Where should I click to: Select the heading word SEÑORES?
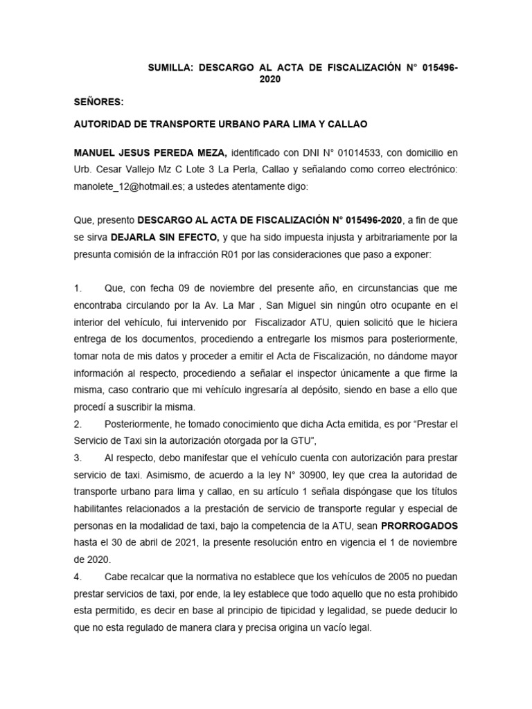pos(98,102)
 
